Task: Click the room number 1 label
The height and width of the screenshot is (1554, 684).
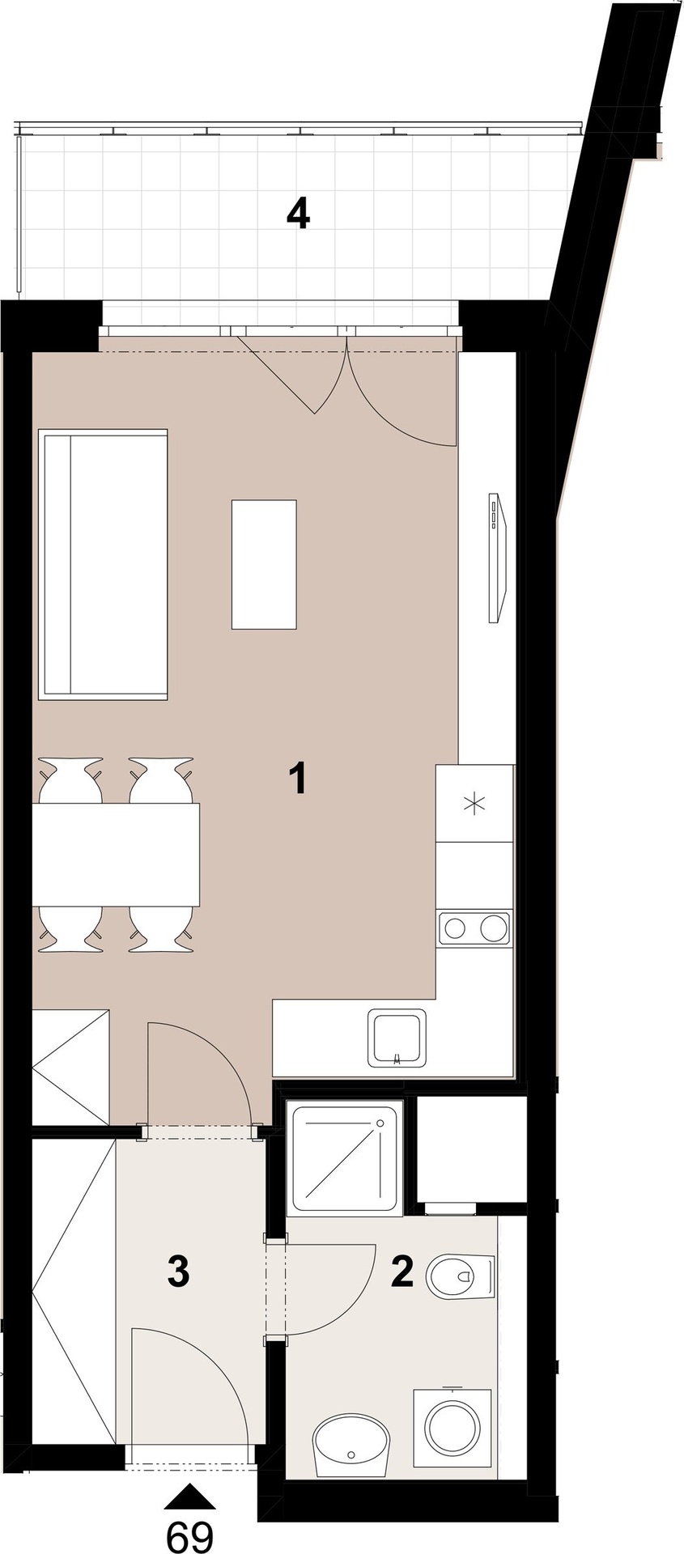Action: click(299, 778)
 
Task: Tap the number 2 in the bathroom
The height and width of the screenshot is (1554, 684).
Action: click(402, 1272)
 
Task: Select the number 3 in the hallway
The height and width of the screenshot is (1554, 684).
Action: click(178, 1272)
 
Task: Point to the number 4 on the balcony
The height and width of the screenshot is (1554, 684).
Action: click(299, 214)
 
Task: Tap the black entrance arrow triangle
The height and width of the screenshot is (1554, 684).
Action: click(190, 1496)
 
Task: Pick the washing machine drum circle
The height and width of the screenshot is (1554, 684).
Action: click(453, 1429)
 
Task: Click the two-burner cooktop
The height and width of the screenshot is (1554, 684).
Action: click(474, 928)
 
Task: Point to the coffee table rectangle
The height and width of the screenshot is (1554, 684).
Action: click(264, 564)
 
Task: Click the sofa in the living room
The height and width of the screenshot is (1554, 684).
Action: click(103, 564)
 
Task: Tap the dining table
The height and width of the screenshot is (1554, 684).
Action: click(116, 854)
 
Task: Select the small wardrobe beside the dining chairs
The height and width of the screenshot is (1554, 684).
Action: click(70, 1066)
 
